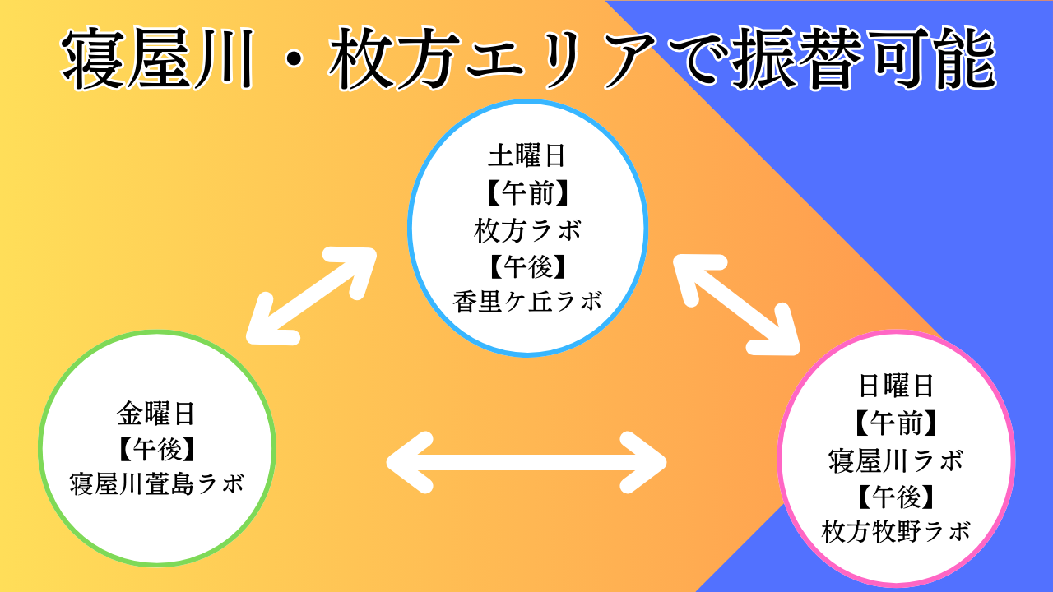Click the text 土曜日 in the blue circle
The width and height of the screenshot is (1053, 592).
(x=527, y=156)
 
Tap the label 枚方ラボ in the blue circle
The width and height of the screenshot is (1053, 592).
(x=527, y=231)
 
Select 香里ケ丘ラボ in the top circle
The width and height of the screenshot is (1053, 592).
(x=527, y=301)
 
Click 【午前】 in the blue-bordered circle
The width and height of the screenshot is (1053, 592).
(x=527, y=193)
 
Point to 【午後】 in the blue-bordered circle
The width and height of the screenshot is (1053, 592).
(x=527, y=266)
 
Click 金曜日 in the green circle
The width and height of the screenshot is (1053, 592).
(x=155, y=414)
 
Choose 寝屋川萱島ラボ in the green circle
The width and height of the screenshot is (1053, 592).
(x=157, y=484)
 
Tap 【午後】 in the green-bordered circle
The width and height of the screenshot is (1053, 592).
(x=157, y=449)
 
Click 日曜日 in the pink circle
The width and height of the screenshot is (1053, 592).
(x=896, y=386)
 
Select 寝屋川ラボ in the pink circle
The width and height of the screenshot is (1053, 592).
(x=896, y=460)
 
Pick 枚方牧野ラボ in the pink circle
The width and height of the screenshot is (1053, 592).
(x=896, y=531)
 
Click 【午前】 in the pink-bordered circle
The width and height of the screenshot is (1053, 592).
(x=896, y=423)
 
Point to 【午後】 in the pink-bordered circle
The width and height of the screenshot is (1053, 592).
(x=896, y=497)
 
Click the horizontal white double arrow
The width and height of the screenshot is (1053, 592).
(x=526, y=463)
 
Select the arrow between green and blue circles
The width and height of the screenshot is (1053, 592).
(x=311, y=297)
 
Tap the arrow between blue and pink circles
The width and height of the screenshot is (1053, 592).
(x=736, y=304)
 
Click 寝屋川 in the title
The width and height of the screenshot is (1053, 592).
(x=158, y=58)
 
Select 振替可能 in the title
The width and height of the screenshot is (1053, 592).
(x=864, y=58)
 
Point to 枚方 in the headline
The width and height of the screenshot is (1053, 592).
(x=394, y=58)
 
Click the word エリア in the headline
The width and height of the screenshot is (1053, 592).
(x=559, y=58)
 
